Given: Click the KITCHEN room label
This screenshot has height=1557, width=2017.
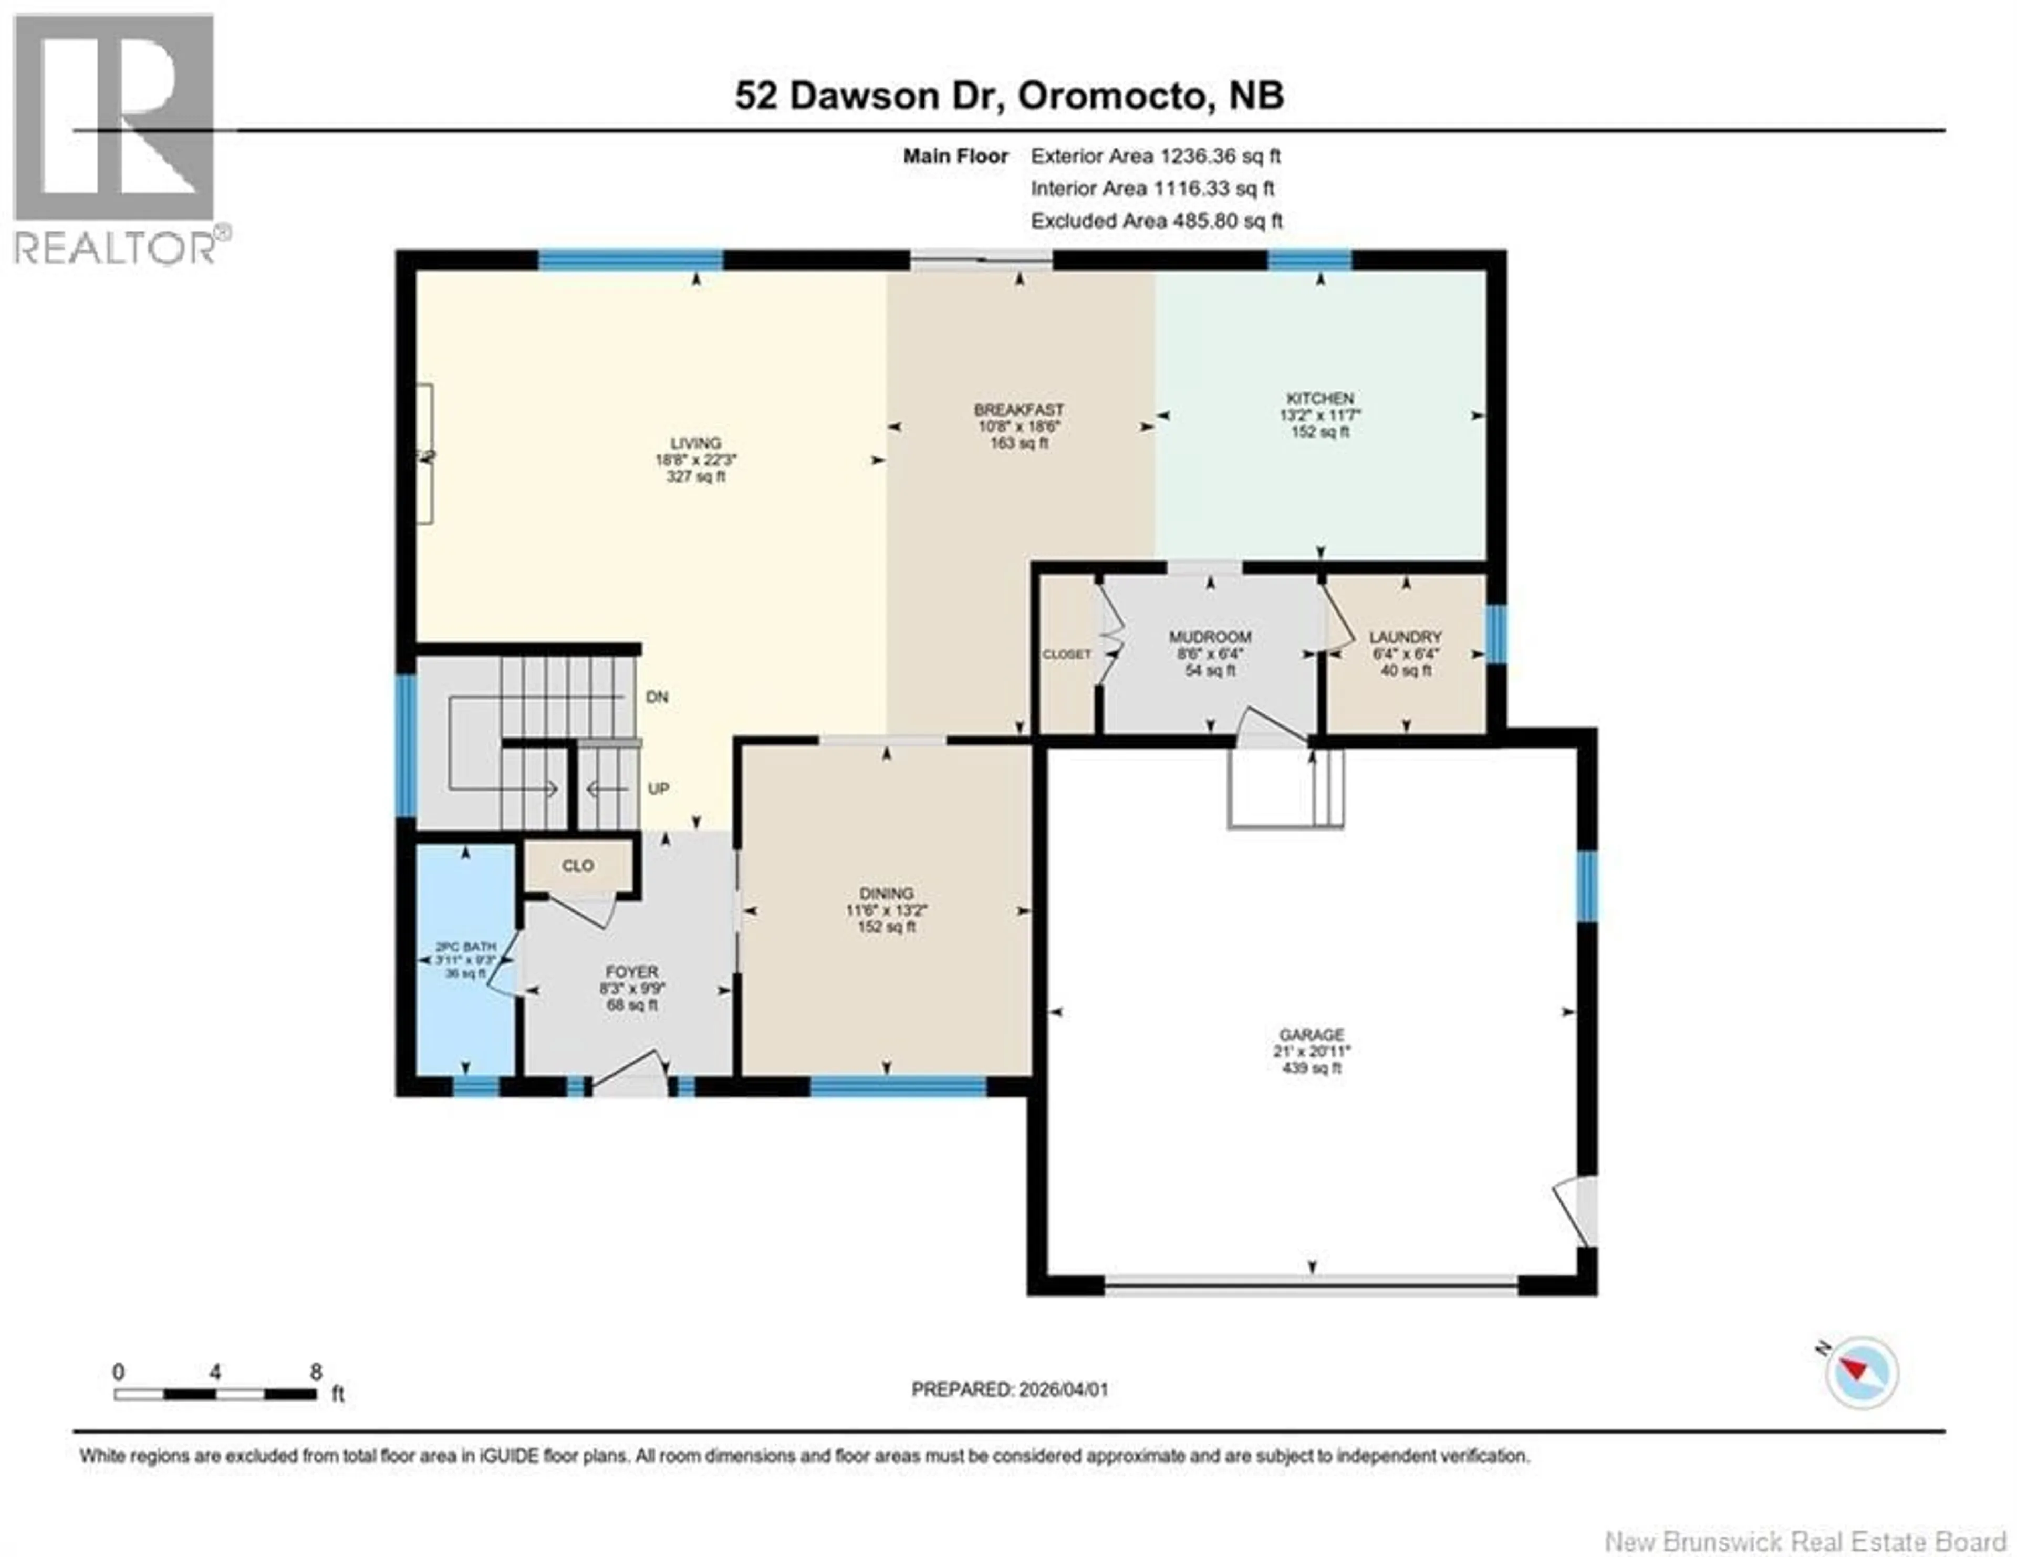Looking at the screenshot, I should coord(1320,398).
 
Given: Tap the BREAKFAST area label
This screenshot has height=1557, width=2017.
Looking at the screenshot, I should coord(1018,409).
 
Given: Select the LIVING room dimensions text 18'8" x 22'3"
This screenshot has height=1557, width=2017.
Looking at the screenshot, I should coord(695,460).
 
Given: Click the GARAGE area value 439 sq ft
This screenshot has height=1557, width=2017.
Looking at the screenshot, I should coord(1312,1068).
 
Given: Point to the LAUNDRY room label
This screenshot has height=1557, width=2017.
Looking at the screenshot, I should coord(1405,637).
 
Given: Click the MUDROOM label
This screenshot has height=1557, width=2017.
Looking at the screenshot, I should coord(1210,637).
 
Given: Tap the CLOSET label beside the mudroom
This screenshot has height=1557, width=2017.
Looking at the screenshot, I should coord(1067,654).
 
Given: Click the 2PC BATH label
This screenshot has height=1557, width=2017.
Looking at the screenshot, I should coord(465,947).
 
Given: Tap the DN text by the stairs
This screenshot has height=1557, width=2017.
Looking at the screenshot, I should coord(657,697).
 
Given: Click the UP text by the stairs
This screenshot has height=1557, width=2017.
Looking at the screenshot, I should coord(658,788).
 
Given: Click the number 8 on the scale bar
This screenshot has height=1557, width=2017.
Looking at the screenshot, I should coord(316,1372).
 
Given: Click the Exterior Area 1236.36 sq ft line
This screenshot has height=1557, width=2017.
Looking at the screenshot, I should coord(1156,156).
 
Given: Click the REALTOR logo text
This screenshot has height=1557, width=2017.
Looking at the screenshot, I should coord(116,247).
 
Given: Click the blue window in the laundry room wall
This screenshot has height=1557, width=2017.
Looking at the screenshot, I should coord(1496,635).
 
